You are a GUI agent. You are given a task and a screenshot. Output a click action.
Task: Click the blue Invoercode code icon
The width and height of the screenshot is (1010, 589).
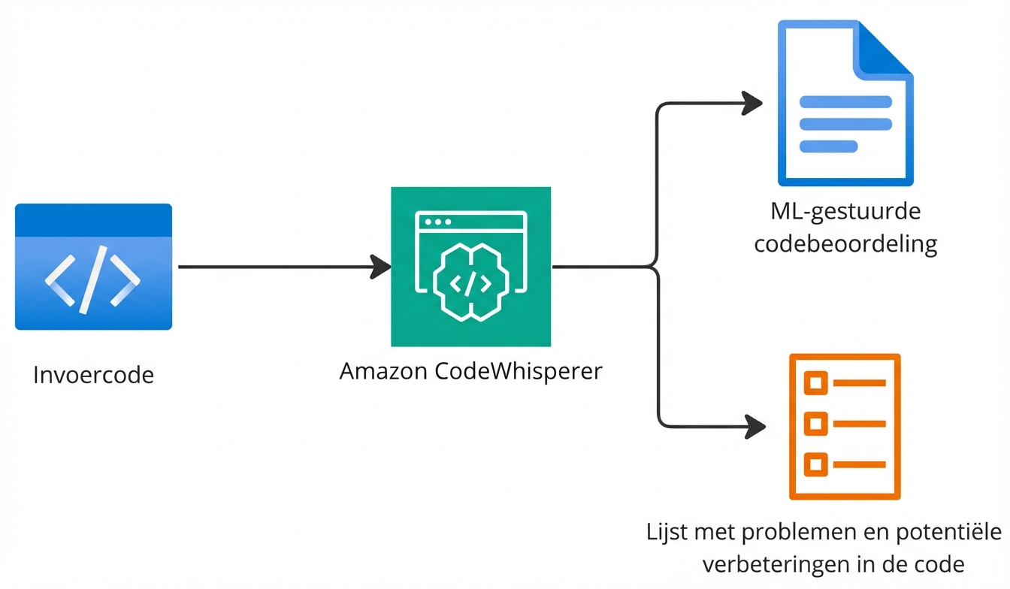(93, 267)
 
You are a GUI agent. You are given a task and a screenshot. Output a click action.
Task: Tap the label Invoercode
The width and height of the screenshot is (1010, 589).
(93, 375)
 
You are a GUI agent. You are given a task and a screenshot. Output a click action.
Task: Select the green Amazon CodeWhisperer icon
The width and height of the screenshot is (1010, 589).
(470, 267)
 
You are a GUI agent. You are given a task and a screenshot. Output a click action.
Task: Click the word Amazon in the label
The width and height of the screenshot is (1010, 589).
(384, 371)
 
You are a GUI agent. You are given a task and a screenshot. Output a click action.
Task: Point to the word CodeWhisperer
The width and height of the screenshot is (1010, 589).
(519, 371)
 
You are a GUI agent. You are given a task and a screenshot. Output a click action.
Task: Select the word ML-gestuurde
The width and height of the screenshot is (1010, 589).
(845, 213)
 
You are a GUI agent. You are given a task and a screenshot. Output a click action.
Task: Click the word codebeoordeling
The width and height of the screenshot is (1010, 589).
(845, 244)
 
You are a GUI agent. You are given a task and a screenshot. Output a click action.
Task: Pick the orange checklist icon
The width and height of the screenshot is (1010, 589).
(845, 426)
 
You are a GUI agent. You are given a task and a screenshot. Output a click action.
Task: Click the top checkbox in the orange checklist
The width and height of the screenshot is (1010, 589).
(815, 383)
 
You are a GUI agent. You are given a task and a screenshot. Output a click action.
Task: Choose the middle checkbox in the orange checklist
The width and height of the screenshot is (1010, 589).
(815, 424)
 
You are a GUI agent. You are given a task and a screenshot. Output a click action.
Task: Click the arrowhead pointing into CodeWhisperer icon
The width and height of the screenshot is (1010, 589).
(381, 267)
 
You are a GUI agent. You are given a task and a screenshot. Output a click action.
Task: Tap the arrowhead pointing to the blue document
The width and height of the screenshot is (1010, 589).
(752, 104)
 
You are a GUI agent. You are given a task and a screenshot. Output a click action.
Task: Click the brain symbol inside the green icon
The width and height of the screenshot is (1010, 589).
(470, 281)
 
